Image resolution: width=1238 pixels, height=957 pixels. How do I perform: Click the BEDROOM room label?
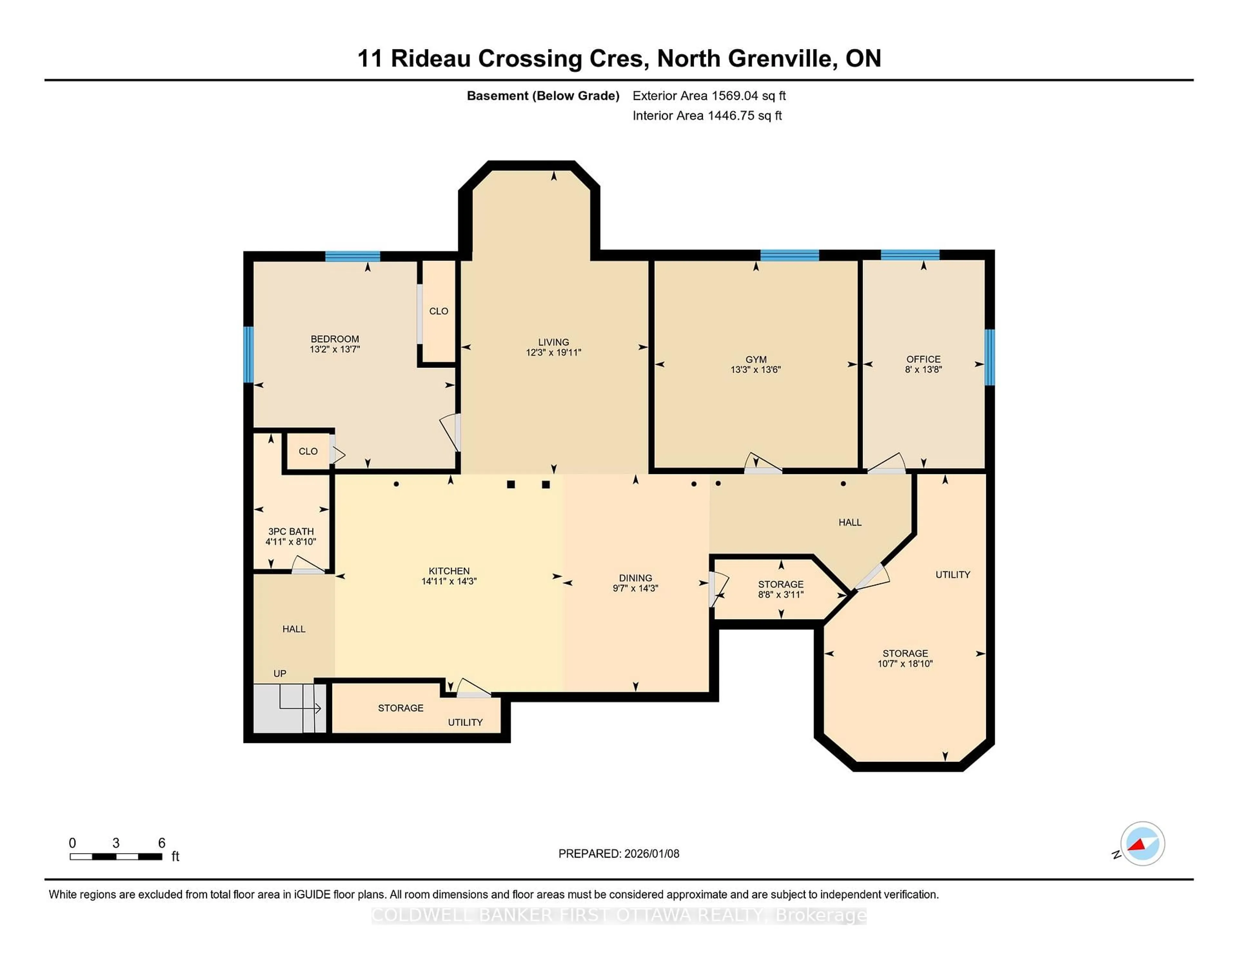(334, 339)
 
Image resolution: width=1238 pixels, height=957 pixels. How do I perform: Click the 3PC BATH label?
(291, 532)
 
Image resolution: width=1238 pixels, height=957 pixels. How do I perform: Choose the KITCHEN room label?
(449, 571)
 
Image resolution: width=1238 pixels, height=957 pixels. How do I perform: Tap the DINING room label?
(635, 578)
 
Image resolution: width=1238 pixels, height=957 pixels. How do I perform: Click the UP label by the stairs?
(280, 674)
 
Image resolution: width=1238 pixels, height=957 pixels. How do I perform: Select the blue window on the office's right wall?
(989, 357)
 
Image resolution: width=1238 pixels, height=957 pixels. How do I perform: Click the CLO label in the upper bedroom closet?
(438, 311)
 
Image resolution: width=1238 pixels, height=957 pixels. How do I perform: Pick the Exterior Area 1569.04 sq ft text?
(709, 96)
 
